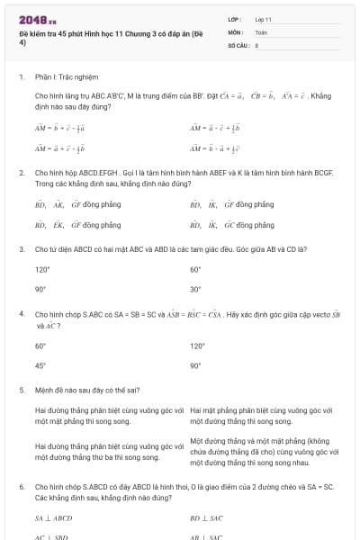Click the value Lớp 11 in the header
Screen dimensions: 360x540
264,19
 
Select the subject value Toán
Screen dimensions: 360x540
261,31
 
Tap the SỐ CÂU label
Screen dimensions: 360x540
238,43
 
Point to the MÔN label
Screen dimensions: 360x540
235,31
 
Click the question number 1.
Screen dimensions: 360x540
21,77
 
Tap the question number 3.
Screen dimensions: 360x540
21,247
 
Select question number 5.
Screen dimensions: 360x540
21,391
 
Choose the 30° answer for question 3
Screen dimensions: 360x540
195,290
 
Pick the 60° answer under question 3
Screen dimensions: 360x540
195,269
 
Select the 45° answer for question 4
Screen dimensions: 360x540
40,366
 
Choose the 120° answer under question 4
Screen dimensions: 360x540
197,346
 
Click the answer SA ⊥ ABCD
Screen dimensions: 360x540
53,518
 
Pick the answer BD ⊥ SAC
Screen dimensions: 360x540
207,518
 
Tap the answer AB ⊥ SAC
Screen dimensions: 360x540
207,537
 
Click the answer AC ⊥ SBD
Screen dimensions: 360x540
52,537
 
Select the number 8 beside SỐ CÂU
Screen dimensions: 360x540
256,43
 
